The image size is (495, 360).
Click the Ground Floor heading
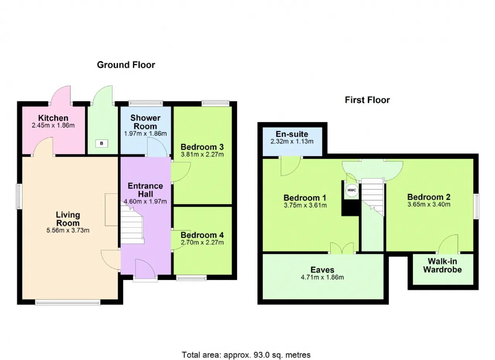pos(126,65)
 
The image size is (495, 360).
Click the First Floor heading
pos(367,100)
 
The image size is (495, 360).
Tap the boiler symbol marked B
pos(102,143)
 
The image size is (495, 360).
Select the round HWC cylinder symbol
pos(352,190)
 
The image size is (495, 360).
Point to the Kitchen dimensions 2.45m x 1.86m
pos(53,125)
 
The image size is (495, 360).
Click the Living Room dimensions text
pos(68,230)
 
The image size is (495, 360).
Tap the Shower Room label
pos(145,122)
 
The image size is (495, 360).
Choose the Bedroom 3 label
pos(202,147)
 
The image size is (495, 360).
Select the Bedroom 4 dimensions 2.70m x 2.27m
pos(202,242)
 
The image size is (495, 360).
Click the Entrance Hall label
pos(145,190)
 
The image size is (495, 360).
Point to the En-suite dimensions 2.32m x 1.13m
pos(292,142)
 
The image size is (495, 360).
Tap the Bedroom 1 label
pos(305,198)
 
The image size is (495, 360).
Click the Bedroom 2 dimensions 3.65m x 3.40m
pos(429,205)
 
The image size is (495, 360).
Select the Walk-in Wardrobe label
pos(442,265)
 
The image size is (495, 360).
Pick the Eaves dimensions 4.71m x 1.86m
pos(323,277)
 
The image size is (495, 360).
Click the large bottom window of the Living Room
pos(68,302)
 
